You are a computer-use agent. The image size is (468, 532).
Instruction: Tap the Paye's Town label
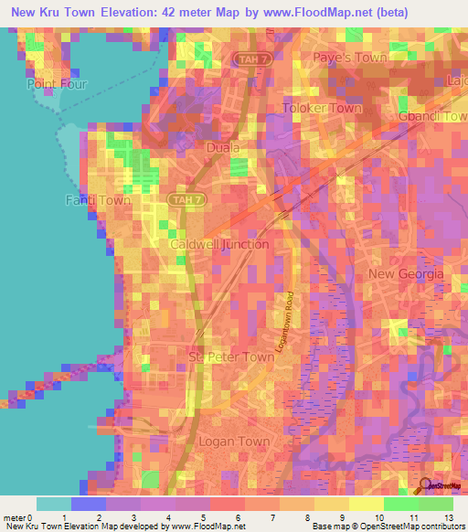[x=351, y=58]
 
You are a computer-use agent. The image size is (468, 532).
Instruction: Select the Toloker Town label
[x=322, y=108]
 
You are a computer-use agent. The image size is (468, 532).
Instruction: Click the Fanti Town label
[x=98, y=200]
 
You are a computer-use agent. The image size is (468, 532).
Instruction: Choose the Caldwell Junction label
[x=219, y=244]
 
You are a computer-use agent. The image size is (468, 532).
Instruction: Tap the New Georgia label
[x=406, y=274]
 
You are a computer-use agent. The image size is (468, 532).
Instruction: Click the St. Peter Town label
[x=230, y=357]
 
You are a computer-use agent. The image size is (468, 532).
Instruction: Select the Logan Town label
[x=234, y=441]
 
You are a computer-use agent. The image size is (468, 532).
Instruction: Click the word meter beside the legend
[x=14, y=517]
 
